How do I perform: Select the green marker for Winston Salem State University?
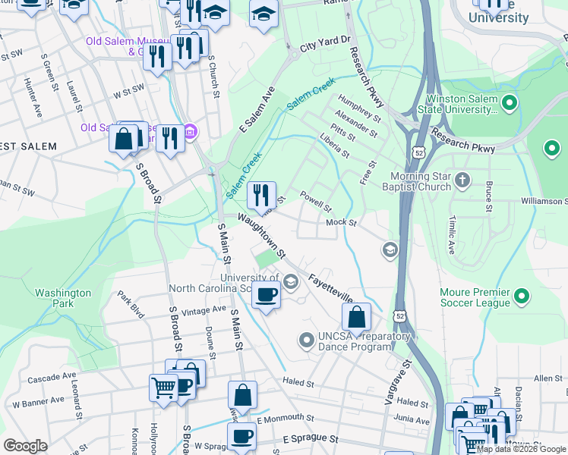coord(510,102)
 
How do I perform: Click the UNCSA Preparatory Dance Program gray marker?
coord(307,339)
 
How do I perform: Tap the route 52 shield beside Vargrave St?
coord(399,314)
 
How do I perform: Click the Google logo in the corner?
coord(26,446)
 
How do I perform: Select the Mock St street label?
coord(341,222)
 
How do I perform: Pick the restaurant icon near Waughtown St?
coord(261,195)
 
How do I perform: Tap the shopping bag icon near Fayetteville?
coord(356,316)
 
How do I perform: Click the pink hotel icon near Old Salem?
coord(190,133)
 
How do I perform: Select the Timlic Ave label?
coord(450,237)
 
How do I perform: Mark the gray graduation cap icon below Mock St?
coord(390,250)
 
